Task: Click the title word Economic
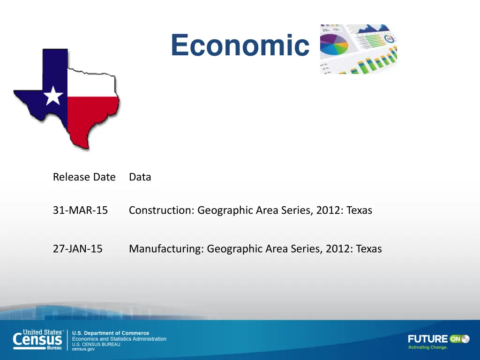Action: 240,45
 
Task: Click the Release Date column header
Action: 84,177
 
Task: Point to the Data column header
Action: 140,177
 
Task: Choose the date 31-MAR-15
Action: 80,210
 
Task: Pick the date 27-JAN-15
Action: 77,249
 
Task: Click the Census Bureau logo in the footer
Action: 38,340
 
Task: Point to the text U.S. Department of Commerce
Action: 110,333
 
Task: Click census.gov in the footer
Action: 83,349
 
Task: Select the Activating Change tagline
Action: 428,347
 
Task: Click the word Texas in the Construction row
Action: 360,210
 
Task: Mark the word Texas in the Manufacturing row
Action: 369,249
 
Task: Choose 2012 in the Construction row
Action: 329,210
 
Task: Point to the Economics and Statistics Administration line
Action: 119,339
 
